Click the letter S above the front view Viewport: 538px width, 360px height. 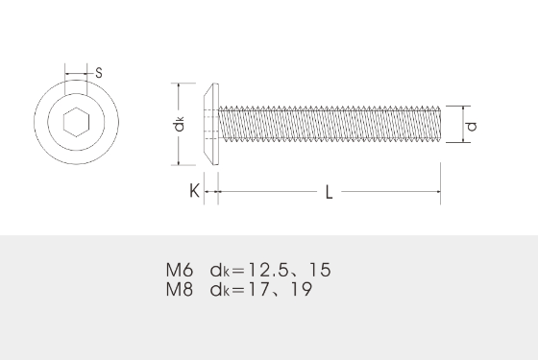pos(100,73)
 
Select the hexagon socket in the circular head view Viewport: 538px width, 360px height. pos(75,123)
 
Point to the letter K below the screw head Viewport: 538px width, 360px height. pos(194,192)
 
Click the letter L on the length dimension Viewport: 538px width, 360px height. pos(329,193)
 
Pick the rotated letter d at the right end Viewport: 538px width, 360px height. pos(471,125)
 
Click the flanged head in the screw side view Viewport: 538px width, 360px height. pos(212,123)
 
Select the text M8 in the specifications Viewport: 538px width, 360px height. pos(180,288)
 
